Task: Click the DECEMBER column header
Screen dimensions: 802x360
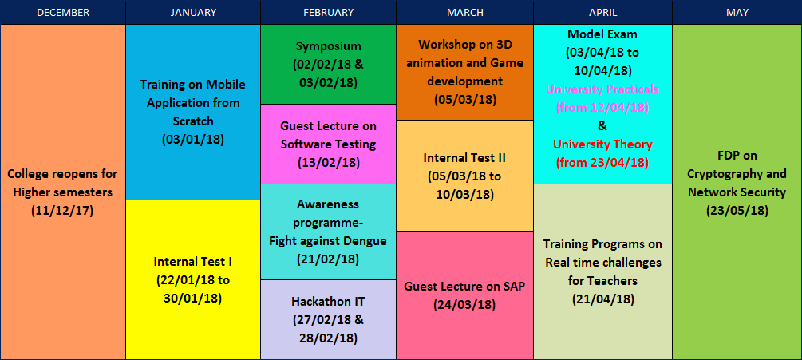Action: [x=63, y=12]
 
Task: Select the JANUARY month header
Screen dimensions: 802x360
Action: [x=193, y=12]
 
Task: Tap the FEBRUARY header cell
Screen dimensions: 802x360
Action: [x=328, y=12]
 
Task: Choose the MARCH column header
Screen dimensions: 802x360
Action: [x=465, y=12]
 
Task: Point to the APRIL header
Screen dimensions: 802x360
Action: [x=603, y=12]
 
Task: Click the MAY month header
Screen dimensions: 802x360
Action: [x=737, y=12]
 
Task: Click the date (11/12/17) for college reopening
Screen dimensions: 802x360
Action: [x=62, y=211]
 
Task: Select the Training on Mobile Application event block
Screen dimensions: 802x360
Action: [x=193, y=112]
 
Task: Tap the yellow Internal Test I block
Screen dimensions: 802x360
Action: [x=193, y=279]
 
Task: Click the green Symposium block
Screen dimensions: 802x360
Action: [x=328, y=65]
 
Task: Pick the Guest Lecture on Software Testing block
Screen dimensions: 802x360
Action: [x=328, y=144]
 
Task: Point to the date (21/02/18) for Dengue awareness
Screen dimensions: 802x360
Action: [x=328, y=259]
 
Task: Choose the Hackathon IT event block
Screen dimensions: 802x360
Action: [x=328, y=319]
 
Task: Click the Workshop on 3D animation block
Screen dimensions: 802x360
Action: [x=465, y=72]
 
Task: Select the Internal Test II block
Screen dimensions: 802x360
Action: [x=465, y=176]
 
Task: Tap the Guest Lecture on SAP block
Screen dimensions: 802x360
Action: [x=465, y=295]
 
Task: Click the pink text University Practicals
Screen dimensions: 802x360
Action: [x=602, y=89]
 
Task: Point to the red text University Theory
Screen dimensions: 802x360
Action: [x=602, y=144]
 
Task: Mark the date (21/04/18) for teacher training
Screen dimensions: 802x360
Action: [x=603, y=299]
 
